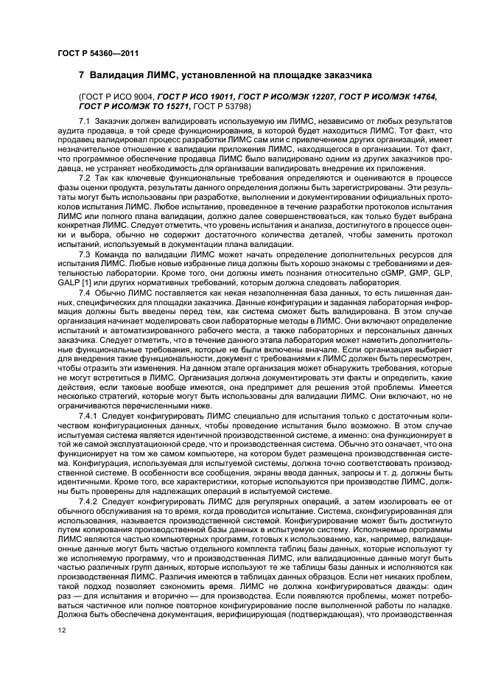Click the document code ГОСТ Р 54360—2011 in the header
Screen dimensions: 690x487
pyautogui.click(x=98, y=52)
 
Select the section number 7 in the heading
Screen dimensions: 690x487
pyautogui.click(x=82, y=76)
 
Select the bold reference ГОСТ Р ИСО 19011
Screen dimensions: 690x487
pyautogui.click(x=192, y=97)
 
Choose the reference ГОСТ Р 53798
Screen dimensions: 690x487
pyautogui.click(x=220, y=106)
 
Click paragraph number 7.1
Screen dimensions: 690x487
pyautogui.click(x=84, y=120)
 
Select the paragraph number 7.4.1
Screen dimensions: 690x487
pyautogui.click(x=88, y=416)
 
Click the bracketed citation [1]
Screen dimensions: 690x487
pyautogui.click(x=89, y=282)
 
